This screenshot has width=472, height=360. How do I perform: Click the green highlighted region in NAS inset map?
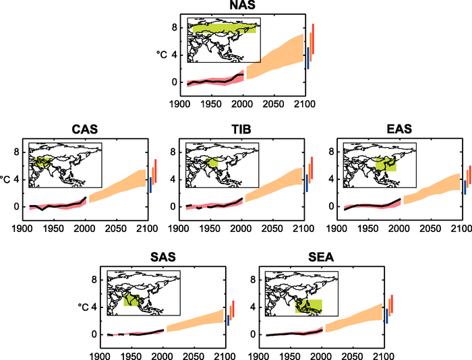click(223, 29)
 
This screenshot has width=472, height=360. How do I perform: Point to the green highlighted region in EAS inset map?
click(386, 163)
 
